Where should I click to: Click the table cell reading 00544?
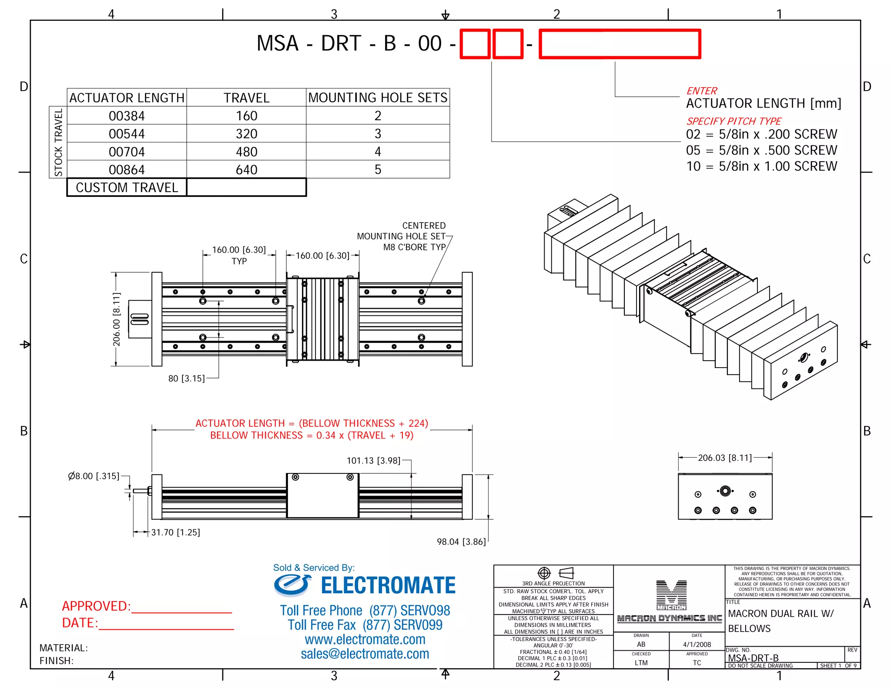click(127, 134)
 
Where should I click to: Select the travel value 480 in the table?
click(246, 152)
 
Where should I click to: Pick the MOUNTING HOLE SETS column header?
click(378, 98)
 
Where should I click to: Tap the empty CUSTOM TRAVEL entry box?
click(246, 187)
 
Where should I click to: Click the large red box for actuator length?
click(620, 44)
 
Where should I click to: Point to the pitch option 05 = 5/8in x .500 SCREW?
click(761, 150)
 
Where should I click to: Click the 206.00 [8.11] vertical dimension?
click(116, 319)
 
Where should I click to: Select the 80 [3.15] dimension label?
click(186, 378)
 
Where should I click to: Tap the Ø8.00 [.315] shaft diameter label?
click(94, 476)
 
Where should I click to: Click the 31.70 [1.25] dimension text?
click(175, 532)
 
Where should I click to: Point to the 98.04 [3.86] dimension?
click(461, 542)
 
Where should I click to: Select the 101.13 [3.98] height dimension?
click(373, 461)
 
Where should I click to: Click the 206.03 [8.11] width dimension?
click(725, 458)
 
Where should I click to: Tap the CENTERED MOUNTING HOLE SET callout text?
click(401, 236)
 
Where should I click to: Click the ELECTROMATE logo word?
click(388, 585)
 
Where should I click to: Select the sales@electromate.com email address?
click(365, 654)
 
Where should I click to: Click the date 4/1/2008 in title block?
click(697, 645)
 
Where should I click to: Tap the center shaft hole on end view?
click(725, 491)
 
